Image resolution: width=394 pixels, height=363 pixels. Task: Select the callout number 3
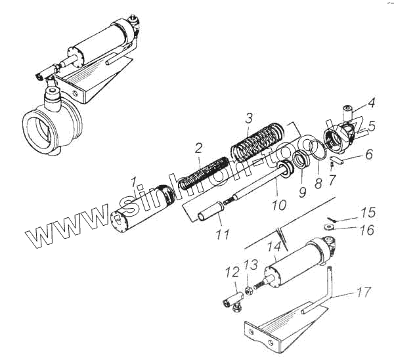[x=248, y=119]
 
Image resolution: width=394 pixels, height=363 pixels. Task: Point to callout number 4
[x=371, y=102]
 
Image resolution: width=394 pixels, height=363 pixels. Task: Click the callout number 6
[x=368, y=155]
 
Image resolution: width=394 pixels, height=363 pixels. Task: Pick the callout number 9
[x=301, y=193]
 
